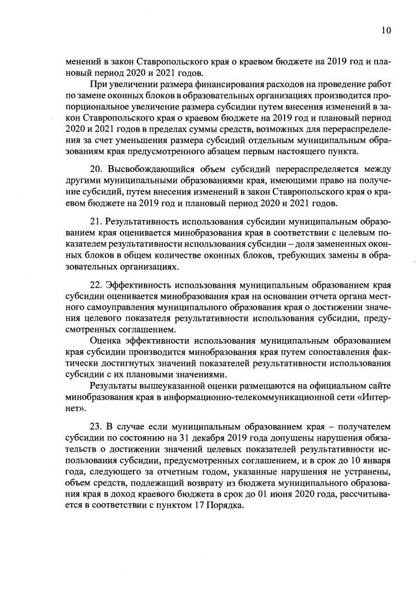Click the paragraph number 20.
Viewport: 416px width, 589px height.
pyautogui.click(x=96, y=169)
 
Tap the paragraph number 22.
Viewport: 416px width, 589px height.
pyautogui.click(x=96, y=284)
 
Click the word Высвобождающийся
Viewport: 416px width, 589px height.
pyautogui.click(x=150, y=169)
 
